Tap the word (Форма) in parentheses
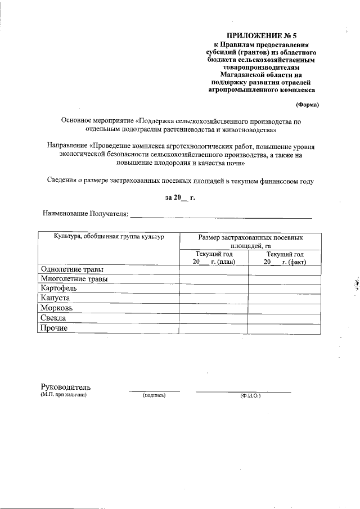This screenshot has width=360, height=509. pyautogui.click(x=307, y=105)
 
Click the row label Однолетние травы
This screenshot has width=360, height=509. pyautogui.click(x=69, y=269)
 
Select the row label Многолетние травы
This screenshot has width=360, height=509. pyautogui.click(x=74, y=279)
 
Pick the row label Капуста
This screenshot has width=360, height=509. pyautogui.click(x=55, y=298)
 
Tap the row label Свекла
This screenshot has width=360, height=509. pyautogui.click(x=53, y=318)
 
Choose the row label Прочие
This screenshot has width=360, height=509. pyautogui.click(x=54, y=328)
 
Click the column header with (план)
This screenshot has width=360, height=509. pyautogui.click(x=214, y=258)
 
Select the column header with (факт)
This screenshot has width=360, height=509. pyautogui.click(x=285, y=258)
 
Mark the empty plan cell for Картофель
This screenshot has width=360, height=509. pyautogui.click(x=214, y=289)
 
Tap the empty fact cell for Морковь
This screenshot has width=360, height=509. pyautogui.click(x=285, y=308)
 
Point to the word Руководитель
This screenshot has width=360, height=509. pyautogui.click(x=66, y=387)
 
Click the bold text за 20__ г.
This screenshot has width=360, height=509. pyautogui.click(x=179, y=197)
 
